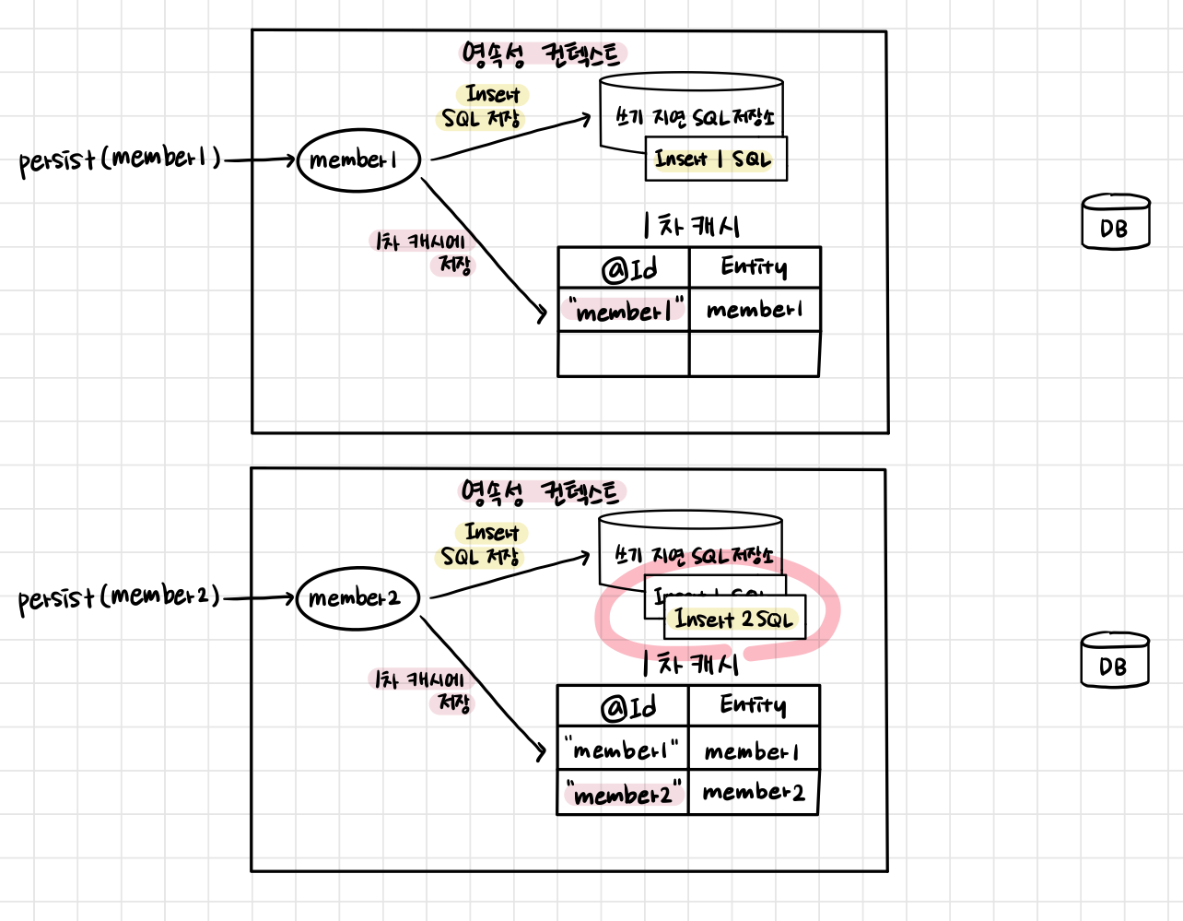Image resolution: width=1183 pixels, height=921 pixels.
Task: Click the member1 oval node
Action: [x=358, y=160]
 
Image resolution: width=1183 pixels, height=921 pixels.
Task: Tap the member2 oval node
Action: [x=357, y=598]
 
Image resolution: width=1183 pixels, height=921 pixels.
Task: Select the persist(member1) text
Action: [x=120, y=159]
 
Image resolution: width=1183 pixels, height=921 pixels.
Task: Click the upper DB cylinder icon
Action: [x=1115, y=222]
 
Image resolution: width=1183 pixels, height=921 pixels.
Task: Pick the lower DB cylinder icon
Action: [x=1114, y=660]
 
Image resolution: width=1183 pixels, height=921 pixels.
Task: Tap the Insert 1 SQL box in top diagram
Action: [x=716, y=159]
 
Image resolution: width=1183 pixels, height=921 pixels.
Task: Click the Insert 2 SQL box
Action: [x=734, y=620]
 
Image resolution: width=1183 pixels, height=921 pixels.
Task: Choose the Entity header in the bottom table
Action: [x=753, y=706]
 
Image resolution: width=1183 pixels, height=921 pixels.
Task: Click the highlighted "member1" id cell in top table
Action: [x=624, y=312]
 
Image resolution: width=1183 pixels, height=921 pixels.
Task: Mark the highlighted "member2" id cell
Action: [x=623, y=794]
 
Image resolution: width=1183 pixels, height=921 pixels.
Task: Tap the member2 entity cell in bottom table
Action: [x=753, y=793]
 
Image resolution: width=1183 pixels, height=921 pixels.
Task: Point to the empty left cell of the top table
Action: [x=624, y=354]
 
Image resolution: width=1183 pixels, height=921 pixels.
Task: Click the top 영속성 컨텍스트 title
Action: [x=542, y=54]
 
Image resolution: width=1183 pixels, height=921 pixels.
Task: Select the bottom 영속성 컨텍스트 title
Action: [x=542, y=492]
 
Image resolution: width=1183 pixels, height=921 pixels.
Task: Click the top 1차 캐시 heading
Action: [x=692, y=226]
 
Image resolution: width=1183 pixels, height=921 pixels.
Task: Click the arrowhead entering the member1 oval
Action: [x=289, y=159]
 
